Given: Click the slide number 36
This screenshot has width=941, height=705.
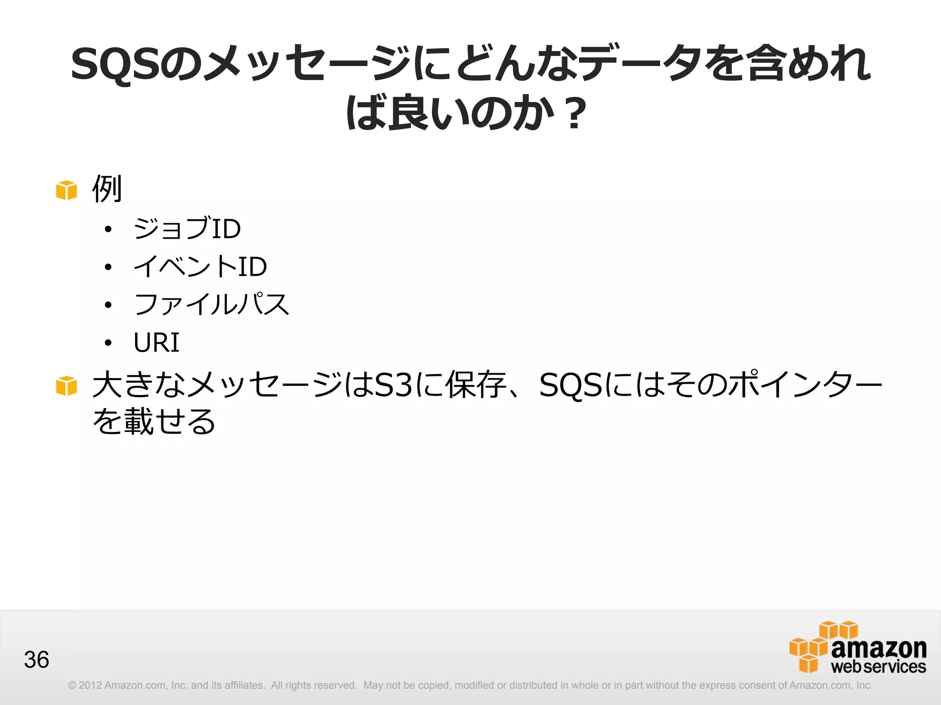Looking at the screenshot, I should (36, 660).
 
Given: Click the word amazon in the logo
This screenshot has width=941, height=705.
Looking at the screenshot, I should (879, 649).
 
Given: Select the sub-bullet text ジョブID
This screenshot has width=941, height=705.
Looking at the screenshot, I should (187, 228).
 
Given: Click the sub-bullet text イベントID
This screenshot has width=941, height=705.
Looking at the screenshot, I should (200, 266).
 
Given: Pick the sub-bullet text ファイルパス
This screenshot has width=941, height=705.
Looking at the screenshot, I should (211, 304).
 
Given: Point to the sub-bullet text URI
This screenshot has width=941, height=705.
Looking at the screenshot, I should (156, 342).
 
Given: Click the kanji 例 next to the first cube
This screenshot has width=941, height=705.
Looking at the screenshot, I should (107, 189).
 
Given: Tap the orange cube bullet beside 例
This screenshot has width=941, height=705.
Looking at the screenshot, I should (67, 190).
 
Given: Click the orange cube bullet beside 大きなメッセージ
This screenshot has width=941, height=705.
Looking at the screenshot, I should (67, 386).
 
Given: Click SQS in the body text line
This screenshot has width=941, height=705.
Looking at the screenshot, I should (571, 385).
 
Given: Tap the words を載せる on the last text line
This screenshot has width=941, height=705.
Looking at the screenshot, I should (154, 421).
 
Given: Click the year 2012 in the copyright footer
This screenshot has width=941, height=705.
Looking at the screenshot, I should (90, 685).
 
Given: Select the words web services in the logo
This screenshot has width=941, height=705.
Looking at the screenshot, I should (879, 666).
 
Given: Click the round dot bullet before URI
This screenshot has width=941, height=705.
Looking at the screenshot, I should (108, 343).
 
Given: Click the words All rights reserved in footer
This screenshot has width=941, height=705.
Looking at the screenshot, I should (314, 685).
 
